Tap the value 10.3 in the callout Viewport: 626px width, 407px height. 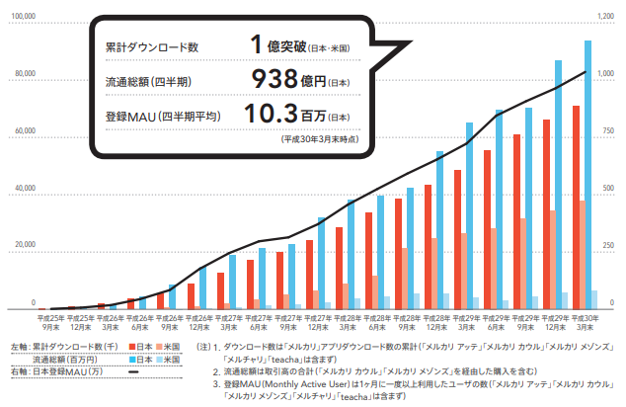point(268,115)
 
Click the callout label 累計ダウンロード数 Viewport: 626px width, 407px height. point(151,47)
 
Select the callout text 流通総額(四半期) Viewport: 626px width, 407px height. point(147,81)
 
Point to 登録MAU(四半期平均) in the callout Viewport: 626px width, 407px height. point(162,116)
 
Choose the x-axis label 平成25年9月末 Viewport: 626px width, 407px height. point(51,322)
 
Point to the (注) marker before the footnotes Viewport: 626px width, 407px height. point(205,348)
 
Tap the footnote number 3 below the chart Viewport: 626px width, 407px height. point(216,381)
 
